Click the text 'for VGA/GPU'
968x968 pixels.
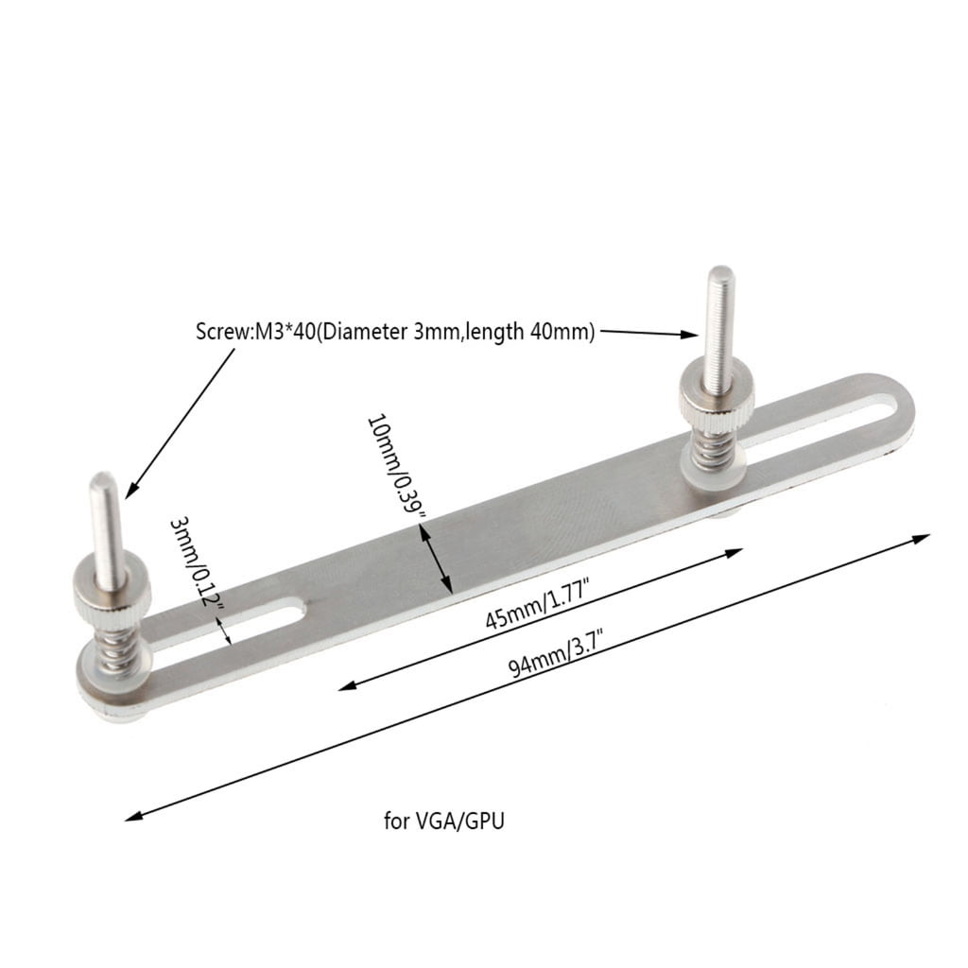pyautogui.click(x=444, y=821)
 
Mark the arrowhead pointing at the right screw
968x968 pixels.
pyautogui.click(x=692, y=334)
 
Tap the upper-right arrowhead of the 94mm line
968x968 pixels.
pyautogui.click(x=923, y=537)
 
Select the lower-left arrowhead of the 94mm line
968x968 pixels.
pyautogui.click(x=135, y=815)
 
